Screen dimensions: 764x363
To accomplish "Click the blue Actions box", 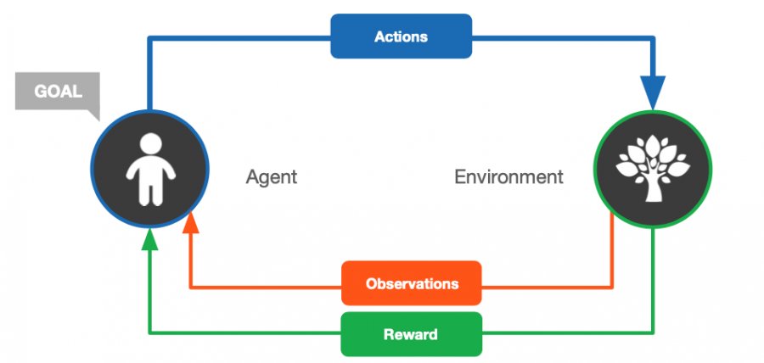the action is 401,36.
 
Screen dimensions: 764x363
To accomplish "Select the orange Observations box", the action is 412,283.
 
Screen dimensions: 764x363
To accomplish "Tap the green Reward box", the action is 411,334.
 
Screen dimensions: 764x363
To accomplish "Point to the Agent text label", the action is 272,176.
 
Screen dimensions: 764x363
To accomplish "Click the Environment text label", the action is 508,176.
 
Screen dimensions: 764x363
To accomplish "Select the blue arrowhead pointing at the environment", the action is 653,92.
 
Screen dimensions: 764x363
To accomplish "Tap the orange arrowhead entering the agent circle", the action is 191,223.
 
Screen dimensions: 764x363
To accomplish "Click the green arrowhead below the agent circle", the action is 149,239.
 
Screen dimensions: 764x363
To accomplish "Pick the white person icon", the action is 150,169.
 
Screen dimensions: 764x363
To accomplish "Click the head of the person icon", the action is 150,143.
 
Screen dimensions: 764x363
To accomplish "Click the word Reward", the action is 411,334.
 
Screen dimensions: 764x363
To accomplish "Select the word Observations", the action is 412,283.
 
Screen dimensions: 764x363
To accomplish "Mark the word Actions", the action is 401,36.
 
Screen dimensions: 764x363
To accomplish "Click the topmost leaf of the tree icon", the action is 653,146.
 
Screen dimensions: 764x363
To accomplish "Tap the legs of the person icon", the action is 150,193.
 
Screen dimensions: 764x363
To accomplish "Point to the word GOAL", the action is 58,92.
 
